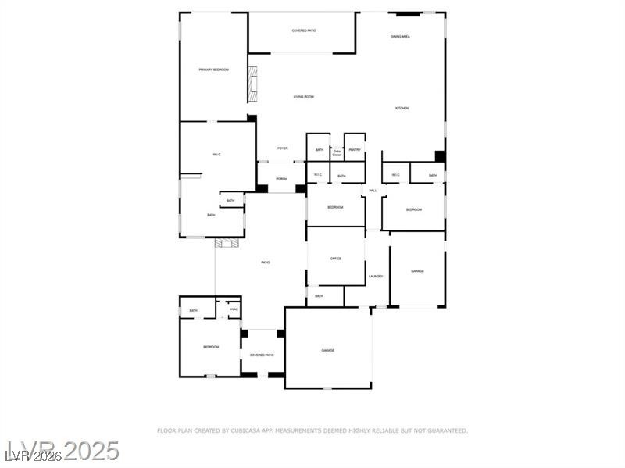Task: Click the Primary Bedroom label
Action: (213, 70)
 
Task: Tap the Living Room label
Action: (304, 97)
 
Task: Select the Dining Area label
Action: (401, 37)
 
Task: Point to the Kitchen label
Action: (402, 108)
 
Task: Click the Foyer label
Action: (282, 148)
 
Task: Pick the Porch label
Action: (281, 179)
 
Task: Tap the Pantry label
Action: (355, 149)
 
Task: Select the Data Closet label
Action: (337, 153)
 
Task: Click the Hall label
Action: (373, 191)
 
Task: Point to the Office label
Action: (336, 259)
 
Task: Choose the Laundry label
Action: (376, 276)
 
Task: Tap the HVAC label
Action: (233, 311)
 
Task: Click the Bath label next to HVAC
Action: (194, 311)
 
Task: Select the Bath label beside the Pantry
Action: (320, 149)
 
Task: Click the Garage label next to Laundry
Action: (418, 271)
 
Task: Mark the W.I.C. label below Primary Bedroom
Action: (217, 155)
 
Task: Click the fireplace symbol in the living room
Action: (252, 84)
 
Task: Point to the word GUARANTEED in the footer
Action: (447, 430)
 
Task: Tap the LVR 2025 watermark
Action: (62, 452)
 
